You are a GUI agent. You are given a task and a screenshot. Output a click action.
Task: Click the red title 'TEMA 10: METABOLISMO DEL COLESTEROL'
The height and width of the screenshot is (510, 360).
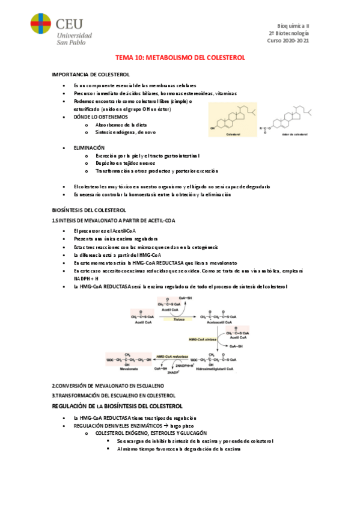click(180, 58)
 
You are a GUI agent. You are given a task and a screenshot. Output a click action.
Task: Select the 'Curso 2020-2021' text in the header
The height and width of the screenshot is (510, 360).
click(288, 40)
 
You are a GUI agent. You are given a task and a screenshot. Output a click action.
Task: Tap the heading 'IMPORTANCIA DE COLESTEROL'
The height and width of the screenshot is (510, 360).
click(91, 74)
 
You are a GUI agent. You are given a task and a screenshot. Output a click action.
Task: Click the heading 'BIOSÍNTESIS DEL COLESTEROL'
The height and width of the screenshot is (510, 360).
click(89, 210)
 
